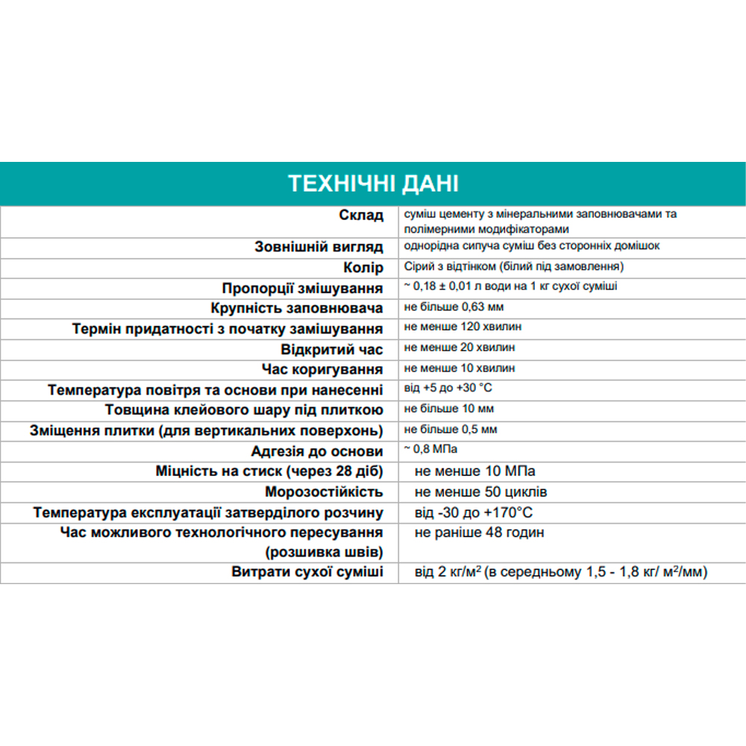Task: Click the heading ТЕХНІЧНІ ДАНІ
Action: point(373,184)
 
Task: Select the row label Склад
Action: point(360,216)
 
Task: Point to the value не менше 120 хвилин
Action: point(463,327)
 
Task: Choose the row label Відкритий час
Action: point(332,349)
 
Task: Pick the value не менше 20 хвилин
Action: point(460,348)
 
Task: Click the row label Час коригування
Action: point(322,369)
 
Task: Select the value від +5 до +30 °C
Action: point(448,389)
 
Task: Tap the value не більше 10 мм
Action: point(448,409)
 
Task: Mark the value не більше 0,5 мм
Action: point(451,430)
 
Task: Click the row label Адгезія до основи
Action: point(317,451)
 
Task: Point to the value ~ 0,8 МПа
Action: point(430,449)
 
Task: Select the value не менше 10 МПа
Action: point(474,471)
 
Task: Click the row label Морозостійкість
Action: point(324,492)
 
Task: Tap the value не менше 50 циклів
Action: point(480,492)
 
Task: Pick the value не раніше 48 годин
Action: point(479,533)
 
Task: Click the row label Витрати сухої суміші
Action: point(307,572)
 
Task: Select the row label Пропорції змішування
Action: point(302,288)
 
